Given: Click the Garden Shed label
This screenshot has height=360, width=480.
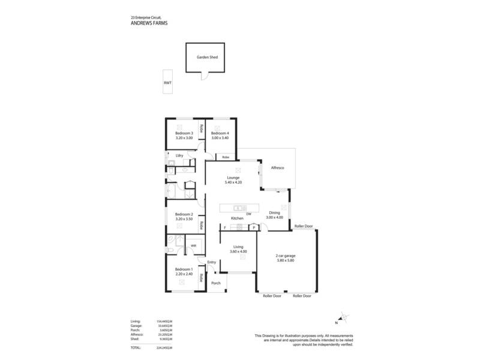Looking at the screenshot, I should click(x=207, y=58).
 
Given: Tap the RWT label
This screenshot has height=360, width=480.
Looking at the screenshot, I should click(x=167, y=83).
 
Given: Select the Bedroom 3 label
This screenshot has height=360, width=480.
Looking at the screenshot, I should click(x=184, y=133).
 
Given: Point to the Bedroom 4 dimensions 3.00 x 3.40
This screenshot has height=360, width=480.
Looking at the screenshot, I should click(x=220, y=138).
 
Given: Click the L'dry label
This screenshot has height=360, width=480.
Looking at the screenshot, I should click(x=179, y=156).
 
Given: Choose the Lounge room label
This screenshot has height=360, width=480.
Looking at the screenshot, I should click(x=233, y=178).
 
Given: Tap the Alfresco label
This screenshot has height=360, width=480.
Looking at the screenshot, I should click(x=278, y=168).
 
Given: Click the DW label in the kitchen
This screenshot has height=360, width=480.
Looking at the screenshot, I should click(x=248, y=214).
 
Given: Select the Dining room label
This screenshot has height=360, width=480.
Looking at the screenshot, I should click(x=274, y=212).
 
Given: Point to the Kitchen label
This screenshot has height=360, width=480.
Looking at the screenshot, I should click(x=237, y=218).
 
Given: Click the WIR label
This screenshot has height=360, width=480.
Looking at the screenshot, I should click(x=193, y=245).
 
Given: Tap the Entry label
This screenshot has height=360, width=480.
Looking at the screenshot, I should click(x=211, y=262).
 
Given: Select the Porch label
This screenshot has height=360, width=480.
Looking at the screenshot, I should click(x=216, y=283).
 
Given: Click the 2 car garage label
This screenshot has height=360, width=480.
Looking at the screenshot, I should click(x=286, y=256).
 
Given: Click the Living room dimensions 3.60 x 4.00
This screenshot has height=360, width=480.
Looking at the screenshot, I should click(x=238, y=251).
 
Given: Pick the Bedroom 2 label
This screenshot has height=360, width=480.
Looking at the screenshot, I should click(x=184, y=214).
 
